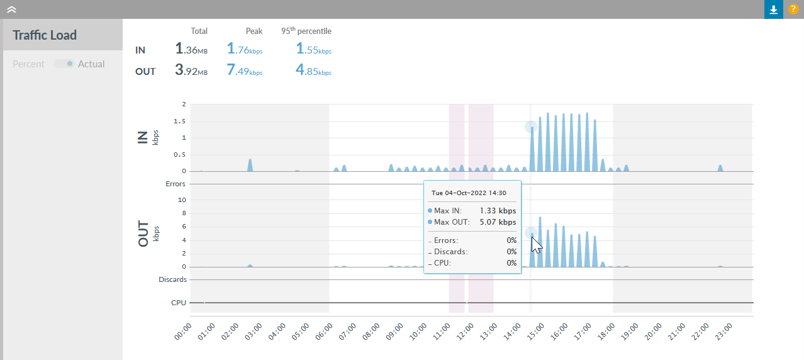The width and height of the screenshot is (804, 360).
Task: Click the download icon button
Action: (774, 9)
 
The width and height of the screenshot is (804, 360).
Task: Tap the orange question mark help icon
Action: (793, 9)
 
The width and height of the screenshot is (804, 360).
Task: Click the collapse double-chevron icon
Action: (11, 9)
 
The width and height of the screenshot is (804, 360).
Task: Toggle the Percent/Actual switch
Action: (64, 64)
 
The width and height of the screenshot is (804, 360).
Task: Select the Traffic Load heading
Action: (45, 35)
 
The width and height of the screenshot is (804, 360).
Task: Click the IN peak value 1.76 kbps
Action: (245, 49)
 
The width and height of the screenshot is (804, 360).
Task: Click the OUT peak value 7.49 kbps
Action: (245, 70)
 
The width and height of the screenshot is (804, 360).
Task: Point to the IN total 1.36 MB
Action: (191, 49)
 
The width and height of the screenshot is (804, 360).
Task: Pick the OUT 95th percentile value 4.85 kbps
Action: (313, 70)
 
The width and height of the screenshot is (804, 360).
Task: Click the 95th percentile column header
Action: (306, 31)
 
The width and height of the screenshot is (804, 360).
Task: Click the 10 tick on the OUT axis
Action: (182, 200)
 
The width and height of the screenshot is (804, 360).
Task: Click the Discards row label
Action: (172, 279)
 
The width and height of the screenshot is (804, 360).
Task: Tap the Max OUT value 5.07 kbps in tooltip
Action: (498, 222)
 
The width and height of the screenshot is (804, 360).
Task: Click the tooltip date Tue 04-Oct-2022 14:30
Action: (469, 193)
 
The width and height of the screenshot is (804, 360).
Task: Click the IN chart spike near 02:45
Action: (250, 165)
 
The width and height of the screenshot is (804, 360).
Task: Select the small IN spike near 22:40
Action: (720, 168)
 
